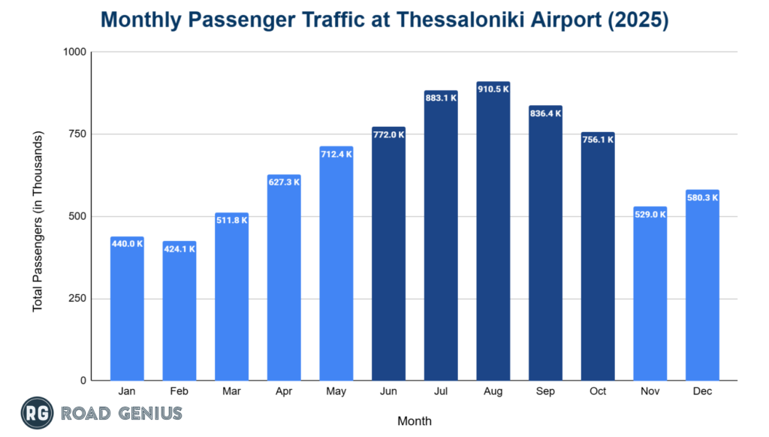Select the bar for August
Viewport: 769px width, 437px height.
493,233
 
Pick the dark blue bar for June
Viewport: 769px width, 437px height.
389,255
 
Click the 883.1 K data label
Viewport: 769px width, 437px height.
441,98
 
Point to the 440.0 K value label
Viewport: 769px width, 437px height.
127,243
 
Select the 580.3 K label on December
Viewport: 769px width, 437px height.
702,197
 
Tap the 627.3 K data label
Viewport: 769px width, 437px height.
284,182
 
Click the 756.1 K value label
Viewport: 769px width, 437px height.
598,139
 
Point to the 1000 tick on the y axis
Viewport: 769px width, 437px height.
74,52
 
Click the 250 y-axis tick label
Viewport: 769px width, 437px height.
77,299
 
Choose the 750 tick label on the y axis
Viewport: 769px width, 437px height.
77,134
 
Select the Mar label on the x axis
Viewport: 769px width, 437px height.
231,392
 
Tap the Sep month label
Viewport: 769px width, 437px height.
545,392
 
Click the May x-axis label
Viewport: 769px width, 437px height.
336,392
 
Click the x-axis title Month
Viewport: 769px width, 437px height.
415,420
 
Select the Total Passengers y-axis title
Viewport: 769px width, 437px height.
38,222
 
